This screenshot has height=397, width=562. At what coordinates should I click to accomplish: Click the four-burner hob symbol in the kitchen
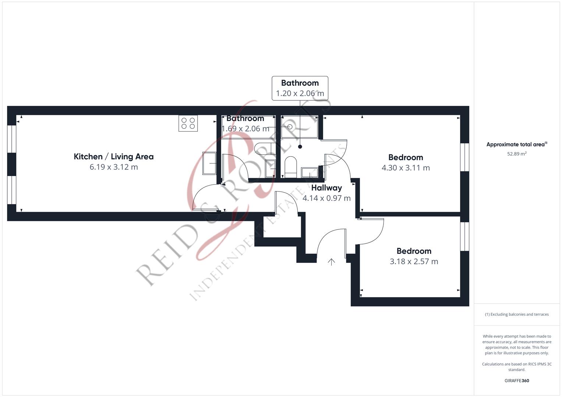tap(188, 123)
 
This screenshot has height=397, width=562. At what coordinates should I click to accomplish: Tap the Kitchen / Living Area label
tap(114, 157)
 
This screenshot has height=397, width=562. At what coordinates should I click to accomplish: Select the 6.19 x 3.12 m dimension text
tap(114, 167)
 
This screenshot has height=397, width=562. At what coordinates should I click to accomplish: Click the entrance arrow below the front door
tap(331, 262)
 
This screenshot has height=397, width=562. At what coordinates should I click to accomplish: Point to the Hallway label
tap(326, 188)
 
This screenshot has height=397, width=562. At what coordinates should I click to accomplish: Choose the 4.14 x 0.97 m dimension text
tap(326, 198)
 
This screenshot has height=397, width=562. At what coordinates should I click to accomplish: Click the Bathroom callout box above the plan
tap(300, 88)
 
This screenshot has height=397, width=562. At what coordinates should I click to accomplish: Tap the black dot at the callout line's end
tap(300, 147)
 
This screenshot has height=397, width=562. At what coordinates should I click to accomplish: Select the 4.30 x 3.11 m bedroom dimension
tap(406, 168)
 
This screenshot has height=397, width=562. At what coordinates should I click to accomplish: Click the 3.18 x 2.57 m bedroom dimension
tap(414, 261)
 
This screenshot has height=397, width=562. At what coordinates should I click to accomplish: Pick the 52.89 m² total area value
tap(517, 154)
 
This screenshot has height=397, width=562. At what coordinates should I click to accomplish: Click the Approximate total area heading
tap(517, 144)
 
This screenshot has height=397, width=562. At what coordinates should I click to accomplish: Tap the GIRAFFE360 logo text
tap(517, 380)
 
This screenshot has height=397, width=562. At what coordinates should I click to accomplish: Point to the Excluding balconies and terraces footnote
tap(517, 314)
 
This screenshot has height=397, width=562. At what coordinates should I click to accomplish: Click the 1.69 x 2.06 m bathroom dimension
tap(245, 129)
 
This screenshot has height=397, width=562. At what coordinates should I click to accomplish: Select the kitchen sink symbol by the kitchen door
tap(209, 163)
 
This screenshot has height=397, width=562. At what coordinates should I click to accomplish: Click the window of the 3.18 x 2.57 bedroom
tap(465, 236)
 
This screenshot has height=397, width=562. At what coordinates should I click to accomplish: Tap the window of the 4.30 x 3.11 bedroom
tap(465, 157)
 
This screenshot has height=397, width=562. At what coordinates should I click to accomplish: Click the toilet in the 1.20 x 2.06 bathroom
tap(291, 167)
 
